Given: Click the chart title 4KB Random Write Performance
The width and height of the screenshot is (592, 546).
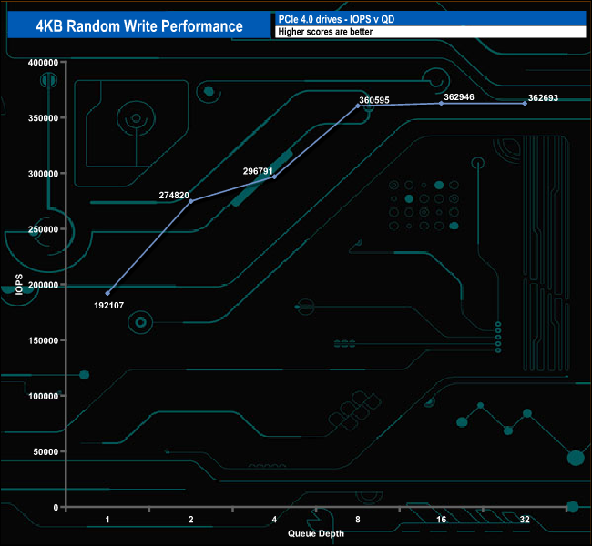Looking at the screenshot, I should pos(139,25).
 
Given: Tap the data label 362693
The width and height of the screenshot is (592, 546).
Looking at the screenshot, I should pos(546,96).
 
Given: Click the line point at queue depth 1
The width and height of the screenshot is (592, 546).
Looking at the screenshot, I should pos(107,293).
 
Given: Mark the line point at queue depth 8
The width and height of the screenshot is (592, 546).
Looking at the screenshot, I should pos(358,106).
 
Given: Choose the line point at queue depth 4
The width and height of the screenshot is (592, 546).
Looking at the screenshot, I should pos(274,177).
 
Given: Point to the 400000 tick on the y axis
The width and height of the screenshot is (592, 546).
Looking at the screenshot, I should pos(43,62).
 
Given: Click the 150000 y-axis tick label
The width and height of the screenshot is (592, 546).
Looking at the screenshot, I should pos(43,340).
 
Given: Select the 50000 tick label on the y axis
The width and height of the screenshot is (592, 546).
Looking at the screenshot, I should pos(46,451).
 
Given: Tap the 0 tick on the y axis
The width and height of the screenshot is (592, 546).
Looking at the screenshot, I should pos(56,507).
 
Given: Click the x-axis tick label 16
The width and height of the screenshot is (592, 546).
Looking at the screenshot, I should pos(441,519).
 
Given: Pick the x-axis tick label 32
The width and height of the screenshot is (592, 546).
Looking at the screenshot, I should pos(525,519).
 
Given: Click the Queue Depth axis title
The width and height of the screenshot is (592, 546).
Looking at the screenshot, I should pos(316,533).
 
